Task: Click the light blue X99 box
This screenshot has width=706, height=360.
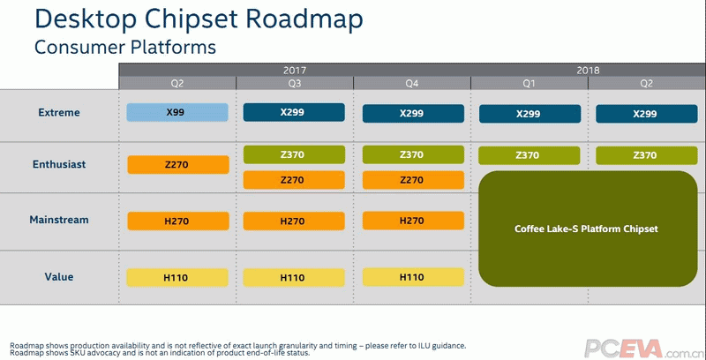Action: [177, 113]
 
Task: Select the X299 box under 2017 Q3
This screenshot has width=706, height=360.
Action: [294, 113]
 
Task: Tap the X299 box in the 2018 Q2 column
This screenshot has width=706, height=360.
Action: [647, 114]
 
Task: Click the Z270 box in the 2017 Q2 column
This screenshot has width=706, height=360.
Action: [178, 165]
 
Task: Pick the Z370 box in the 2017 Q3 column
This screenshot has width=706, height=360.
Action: [294, 154]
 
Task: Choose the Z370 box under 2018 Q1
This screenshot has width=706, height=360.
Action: [529, 155]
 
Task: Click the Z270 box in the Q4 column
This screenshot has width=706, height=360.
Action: [413, 180]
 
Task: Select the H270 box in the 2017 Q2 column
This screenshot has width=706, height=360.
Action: [178, 221]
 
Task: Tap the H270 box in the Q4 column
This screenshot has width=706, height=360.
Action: [413, 221]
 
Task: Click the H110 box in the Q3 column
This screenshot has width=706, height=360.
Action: [294, 278]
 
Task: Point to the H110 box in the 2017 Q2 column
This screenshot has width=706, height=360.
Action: [177, 278]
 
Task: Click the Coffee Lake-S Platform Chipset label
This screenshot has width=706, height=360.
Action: [586, 229]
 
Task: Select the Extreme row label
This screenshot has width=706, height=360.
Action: [59, 113]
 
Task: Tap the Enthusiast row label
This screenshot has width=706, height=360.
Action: [59, 164]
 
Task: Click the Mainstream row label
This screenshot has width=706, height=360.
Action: [59, 220]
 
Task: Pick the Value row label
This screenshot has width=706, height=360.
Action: [59, 277]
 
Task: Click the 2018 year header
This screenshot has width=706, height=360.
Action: [588, 71]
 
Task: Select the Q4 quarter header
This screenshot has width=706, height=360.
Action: [412, 83]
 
